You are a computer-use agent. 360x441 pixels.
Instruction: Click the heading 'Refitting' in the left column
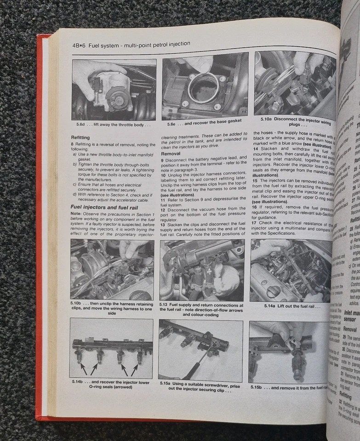pos(80,137)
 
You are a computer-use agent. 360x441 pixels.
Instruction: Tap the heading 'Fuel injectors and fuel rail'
pos(104,207)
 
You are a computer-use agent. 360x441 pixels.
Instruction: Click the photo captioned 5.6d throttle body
pos(114,90)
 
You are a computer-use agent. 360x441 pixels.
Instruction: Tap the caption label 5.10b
pos(78,304)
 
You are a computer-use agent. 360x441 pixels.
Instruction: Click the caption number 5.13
pos(167,305)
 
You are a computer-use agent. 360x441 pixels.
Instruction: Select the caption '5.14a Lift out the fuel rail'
pos(291,305)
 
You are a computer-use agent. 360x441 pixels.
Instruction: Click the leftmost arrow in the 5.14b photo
pos(83,368)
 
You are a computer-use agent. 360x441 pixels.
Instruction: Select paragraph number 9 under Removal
pos(162,160)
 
